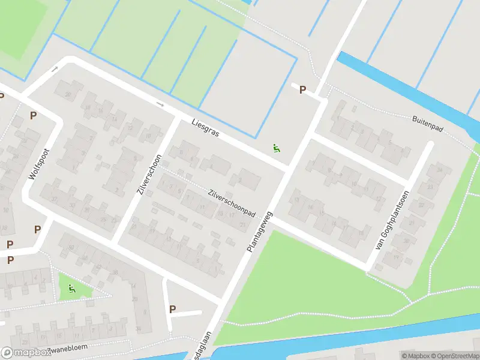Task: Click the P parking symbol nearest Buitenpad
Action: click(x=303, y=90)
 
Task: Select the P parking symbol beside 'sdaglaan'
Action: click(x=173, y=310)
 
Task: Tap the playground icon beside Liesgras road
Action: click(x=276, y=148)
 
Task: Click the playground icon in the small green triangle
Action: click(x=73, y=289)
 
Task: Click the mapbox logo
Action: click(x=25, y=353)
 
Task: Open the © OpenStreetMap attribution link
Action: click(x=454, y=355)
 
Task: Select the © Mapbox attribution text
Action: click(x=416, y=355)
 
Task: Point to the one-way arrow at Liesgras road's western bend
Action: click(x=54, y=70)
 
